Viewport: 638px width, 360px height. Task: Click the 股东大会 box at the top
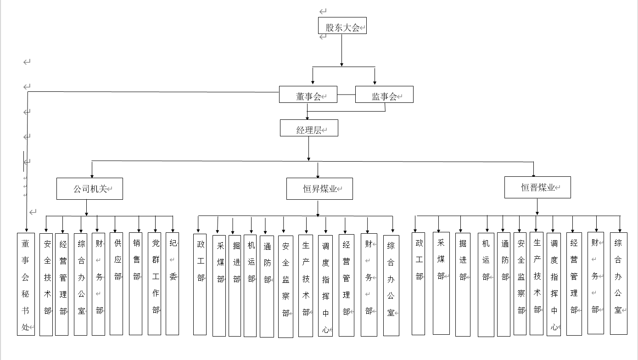(x=342, y=26)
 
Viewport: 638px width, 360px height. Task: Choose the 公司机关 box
(x=90, y=189)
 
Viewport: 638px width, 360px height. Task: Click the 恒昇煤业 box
(x=319, y=189)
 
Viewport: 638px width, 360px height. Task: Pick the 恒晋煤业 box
(x=537, y=187)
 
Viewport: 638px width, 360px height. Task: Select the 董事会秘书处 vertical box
(x=26, y=284)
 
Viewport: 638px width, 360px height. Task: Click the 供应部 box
(x=117, y=284)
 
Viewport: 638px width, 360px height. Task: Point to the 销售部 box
(x=135, y=284)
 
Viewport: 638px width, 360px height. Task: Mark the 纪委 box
(x=172, y=284)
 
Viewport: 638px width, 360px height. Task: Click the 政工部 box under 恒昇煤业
(x=200, y=284)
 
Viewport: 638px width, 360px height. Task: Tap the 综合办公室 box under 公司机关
(x=80, y=284)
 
